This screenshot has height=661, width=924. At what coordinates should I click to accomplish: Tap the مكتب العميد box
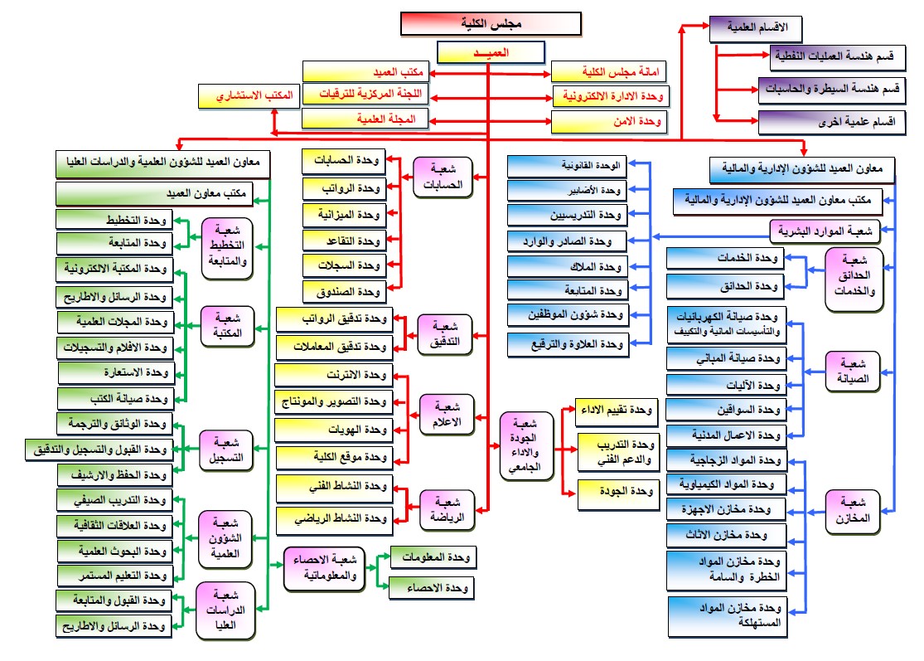[364, 72]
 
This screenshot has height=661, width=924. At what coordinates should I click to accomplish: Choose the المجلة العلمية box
[364, 119]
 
